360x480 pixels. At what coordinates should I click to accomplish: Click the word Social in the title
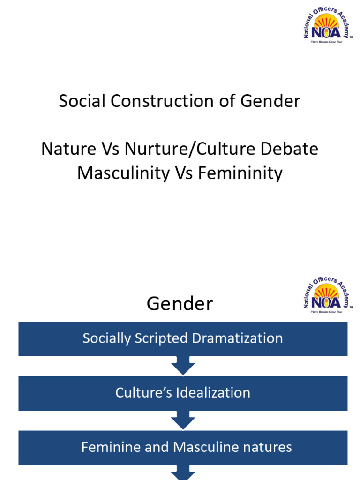77,101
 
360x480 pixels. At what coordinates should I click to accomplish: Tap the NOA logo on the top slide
327,27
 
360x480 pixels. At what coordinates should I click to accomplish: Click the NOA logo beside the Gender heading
327,296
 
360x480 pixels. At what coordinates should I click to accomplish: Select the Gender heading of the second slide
180,304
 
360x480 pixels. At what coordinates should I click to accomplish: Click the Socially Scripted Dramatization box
183,338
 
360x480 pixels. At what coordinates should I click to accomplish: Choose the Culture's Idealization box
183,393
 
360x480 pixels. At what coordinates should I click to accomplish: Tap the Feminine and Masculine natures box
183,447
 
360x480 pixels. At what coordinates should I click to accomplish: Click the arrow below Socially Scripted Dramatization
183,366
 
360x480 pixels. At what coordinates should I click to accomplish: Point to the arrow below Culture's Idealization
183,420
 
